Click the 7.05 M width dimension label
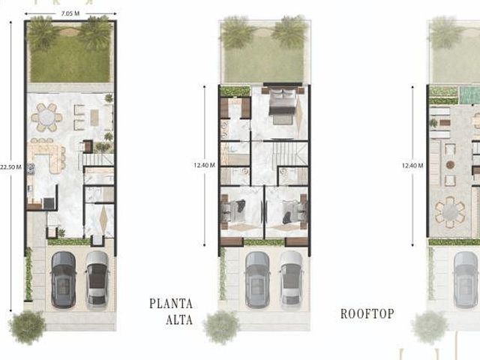(x=70, y=13)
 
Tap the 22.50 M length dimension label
(x=10, y=167)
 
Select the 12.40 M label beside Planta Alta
(x=204, y=165)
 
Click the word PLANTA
(x=171, y=304)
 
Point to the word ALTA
(x=179, y=320)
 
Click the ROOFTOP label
(x=367, y=313)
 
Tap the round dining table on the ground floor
(x=46, y=118)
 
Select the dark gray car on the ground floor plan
(x=63, y=280)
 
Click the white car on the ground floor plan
(x=97, y=279)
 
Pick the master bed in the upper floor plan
(x=282, y=102)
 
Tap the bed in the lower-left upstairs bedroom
(x=233, y=210)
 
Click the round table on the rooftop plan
(x=450, y=212)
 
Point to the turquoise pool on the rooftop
(x=469, y=95)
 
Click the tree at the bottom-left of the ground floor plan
(x=27, y=327)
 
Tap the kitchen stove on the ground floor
(x=31, y=169)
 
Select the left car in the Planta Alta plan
(x=258, y=280)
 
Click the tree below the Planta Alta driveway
(x=221, y=327)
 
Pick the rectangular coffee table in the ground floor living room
(x=94, y=117)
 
